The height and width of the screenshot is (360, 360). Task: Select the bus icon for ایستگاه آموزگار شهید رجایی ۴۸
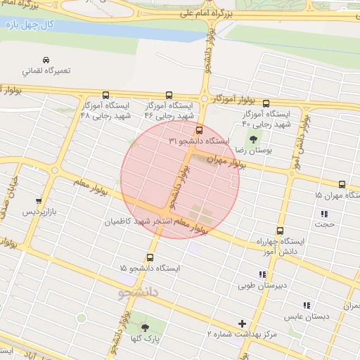tap(106, 95)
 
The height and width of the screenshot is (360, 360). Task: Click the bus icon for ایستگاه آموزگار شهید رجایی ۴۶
tap(169, 95)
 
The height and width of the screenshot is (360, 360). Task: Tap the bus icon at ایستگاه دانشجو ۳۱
tap(199, 130)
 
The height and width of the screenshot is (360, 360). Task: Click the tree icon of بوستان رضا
tap(253, 139)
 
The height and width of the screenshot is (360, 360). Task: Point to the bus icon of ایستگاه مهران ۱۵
tap(342, 184)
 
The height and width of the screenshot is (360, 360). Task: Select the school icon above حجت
tap(324, 214)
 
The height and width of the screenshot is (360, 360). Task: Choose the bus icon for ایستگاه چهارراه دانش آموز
tap(281, 230)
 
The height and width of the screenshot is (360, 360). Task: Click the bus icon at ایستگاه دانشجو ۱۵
tap(150, 257)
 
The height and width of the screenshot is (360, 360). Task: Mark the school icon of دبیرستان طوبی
tap(262, 275)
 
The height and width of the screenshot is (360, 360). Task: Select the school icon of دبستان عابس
tap(306, 305)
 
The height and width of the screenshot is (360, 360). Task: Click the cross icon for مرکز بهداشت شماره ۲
tap(243, 323)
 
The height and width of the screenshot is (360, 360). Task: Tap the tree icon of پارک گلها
tap(146, 328)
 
